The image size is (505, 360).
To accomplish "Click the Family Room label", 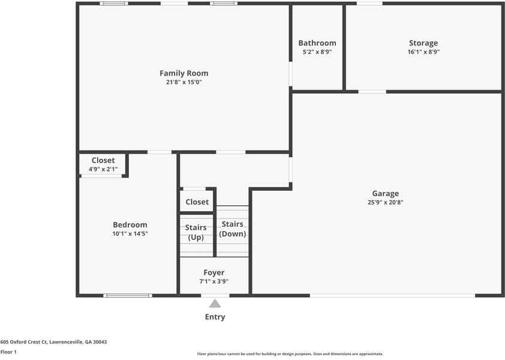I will [x=184, y=73].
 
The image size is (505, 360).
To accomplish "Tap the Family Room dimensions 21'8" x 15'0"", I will [x=184, y=82].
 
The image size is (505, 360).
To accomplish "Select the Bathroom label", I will [x=317, y=43].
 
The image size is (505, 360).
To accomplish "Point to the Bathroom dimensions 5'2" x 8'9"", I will [x=317, y=52].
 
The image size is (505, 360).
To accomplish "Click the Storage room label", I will [x=423, y=43].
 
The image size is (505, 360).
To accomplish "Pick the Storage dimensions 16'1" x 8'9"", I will [x=423, y=52].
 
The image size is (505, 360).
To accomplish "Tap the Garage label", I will [x=385, y=193].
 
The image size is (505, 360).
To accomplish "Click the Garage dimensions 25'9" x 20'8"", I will [x=385, y=202].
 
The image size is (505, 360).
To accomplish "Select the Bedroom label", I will [x=130, y=225].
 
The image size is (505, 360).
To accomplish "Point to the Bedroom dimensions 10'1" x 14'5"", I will [x=130, y=234].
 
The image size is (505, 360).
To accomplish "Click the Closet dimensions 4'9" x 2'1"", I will [x=103, y=169].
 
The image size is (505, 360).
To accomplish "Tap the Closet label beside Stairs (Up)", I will [x=197, y=202].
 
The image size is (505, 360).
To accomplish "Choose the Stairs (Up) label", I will [x=196, y=232].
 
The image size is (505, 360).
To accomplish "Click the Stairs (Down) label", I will [x=232, y=229].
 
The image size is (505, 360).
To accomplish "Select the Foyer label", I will [x=214, y=272].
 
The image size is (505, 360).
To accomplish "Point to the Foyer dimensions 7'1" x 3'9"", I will [x=214, y=281].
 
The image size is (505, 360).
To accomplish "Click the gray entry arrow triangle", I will [x=215, y=304].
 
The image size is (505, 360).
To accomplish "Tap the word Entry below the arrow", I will [x=215, y=317].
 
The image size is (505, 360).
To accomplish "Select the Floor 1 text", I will [x=8, y=352].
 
